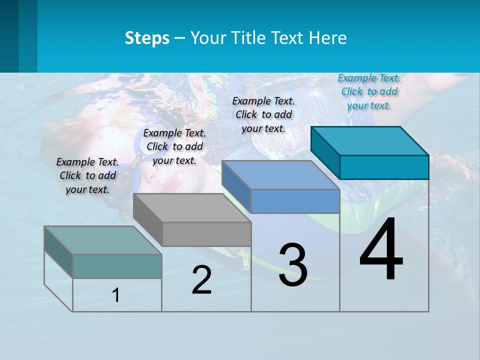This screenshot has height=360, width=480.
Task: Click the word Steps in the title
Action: (x=147, y=38)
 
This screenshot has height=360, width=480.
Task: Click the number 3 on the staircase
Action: (x=293, y=265)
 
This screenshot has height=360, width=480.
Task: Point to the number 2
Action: (x=202, y=280)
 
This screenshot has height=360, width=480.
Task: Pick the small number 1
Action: (x=116, y=295)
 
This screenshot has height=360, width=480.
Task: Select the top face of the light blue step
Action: (x=280, y=175)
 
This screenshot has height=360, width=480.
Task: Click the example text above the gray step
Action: (x=174, y=146)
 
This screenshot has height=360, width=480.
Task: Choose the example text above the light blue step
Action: (x=263, y=114)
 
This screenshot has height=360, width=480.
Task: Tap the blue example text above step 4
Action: (x=369, y=91)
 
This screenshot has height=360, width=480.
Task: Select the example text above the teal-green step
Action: (x=87, y=175)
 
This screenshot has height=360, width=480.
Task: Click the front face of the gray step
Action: (x=206, y=234)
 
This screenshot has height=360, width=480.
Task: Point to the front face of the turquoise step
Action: (x=384, y=167)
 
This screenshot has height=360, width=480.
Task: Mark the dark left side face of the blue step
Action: (x=236, y=186)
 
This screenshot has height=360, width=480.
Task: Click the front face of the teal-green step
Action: (x=117, y=266)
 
